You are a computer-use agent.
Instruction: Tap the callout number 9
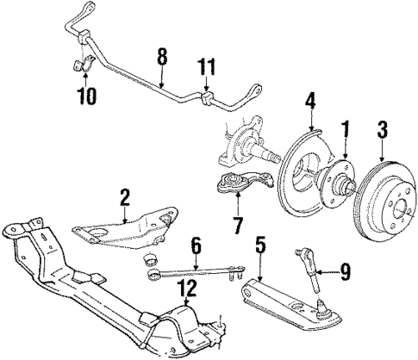click(345, 275)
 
